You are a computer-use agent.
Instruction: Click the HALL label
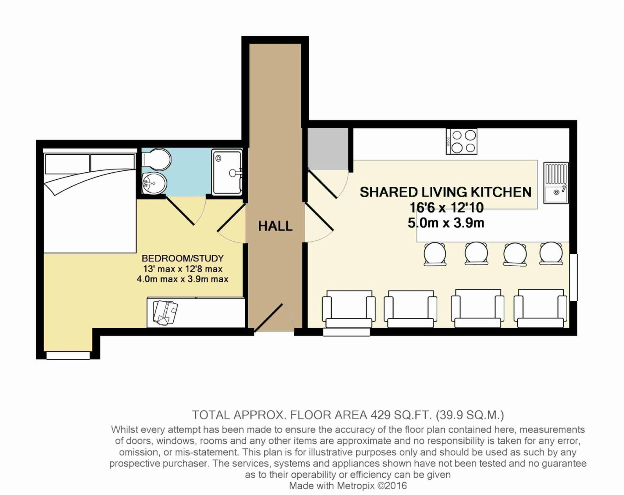coord(275,226)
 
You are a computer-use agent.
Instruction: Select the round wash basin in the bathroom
coord(154,183)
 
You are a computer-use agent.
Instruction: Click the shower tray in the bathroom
coord(227,172)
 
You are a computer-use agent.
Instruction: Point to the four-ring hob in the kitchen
coord(461,141)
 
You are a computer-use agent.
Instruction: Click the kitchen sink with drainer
coord(556,183)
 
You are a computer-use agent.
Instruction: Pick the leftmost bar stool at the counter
coord(435,254)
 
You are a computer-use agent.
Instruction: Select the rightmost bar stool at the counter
coord(551,253)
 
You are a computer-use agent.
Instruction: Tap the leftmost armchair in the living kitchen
coord(349,309)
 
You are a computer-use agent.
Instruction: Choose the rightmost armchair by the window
coord(540,309)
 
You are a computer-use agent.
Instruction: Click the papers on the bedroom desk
coord(165,313)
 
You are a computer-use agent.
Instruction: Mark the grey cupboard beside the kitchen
coord(328,148)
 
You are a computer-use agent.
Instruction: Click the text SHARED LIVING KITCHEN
coord(445,192)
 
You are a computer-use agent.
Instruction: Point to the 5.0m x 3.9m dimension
coord(446,223)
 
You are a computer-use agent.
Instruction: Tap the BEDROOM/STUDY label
coord(183,258)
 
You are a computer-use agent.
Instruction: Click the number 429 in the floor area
coord(381,415)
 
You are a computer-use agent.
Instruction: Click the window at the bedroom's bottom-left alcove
coord(68,356)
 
